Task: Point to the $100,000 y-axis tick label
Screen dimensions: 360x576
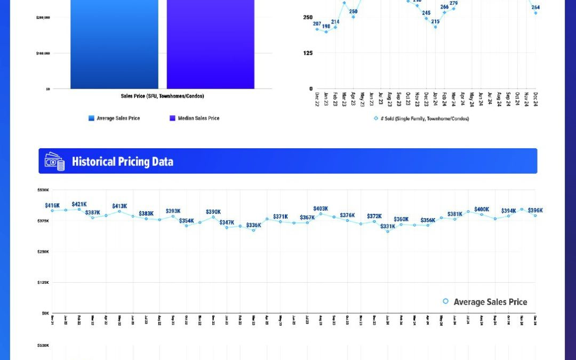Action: click(x=43, y=53)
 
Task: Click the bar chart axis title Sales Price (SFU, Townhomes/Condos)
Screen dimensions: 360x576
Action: click(x=162, y=96)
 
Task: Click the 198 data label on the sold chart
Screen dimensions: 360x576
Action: click(x=326, y=26)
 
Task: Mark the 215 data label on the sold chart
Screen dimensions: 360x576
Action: click(x=435, y=22)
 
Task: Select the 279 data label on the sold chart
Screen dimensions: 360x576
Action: click(x=453, y=3)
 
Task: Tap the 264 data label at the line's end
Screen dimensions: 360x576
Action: click(x=535, y=7)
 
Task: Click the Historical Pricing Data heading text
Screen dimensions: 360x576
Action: click(x=122, y=162)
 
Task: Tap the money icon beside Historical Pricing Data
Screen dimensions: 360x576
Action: click(x=54, y=162)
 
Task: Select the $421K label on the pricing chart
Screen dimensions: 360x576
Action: click(x=79, y=204)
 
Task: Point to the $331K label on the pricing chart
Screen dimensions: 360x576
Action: click(x=388, y=226)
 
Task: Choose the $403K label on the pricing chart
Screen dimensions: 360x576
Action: click(x=321, y=209)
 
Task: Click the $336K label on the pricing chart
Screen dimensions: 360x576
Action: click(x=253, y=225)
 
